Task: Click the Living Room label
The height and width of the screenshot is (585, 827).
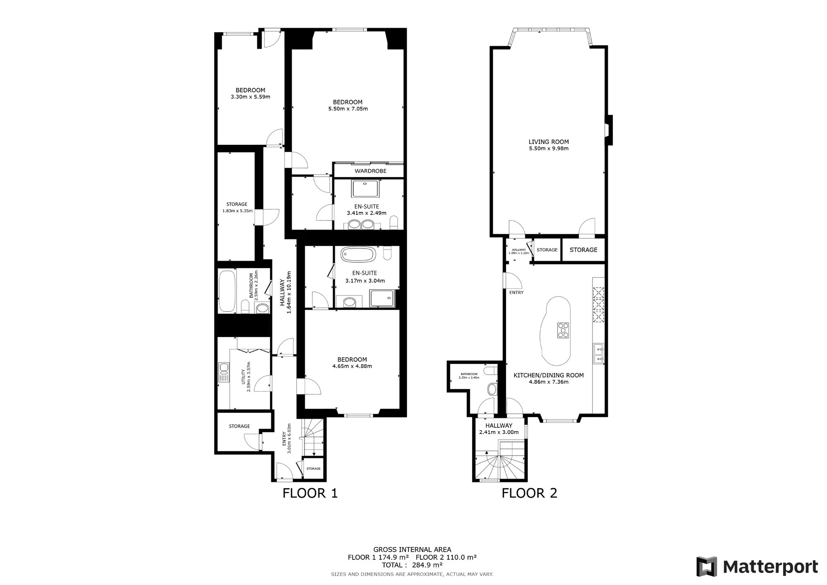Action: pos(548,142)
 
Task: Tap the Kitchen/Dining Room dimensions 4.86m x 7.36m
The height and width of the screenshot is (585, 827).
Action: pos(549,382)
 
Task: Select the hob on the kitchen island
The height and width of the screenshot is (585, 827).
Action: pos(563,330)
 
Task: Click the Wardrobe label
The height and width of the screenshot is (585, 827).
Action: pos(370,171)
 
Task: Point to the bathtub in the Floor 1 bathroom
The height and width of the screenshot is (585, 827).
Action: pos(227,291)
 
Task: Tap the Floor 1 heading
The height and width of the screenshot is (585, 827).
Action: pos(310,493)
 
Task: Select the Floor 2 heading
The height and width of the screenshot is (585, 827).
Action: pos(530,493)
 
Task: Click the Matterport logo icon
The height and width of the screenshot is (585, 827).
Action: pos(707,566)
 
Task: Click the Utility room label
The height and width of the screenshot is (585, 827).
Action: pos(243,377)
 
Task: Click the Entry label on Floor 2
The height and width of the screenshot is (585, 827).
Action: pos(516,292)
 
